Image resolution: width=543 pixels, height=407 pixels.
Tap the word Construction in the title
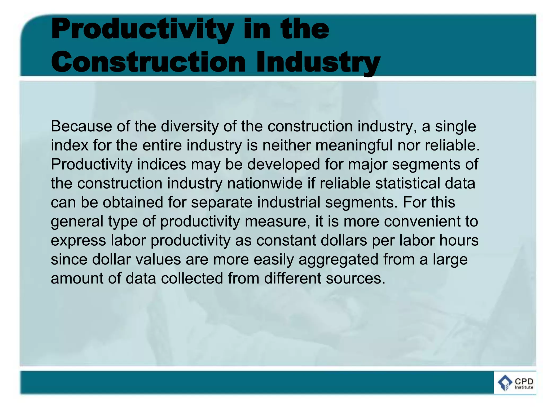point(148,62)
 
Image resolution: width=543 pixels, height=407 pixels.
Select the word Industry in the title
point(318,62)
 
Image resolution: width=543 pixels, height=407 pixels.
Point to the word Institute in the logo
point(524,387)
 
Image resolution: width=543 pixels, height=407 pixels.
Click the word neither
point(286,145)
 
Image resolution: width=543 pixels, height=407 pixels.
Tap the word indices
point(162,164)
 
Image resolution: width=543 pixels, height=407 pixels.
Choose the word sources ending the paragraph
point(355,279)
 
